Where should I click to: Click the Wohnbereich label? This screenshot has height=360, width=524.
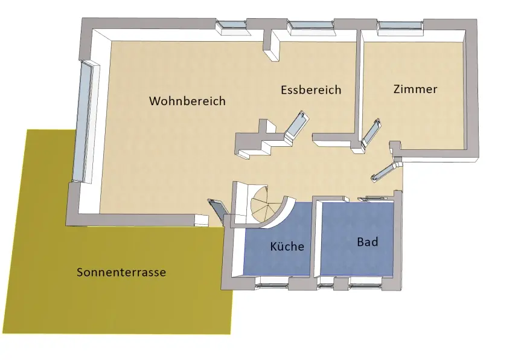tap(187, 101)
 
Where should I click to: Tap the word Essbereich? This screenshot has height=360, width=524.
tap(311, 90)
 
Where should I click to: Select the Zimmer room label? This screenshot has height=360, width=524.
tap(415, 89)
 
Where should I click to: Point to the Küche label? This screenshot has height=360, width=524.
tap(286, 246)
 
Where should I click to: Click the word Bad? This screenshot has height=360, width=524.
tap(367, 242)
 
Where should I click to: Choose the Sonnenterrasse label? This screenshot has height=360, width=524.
tap(121, 272)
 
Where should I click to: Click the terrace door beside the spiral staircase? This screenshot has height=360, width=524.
tap(216, 211)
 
